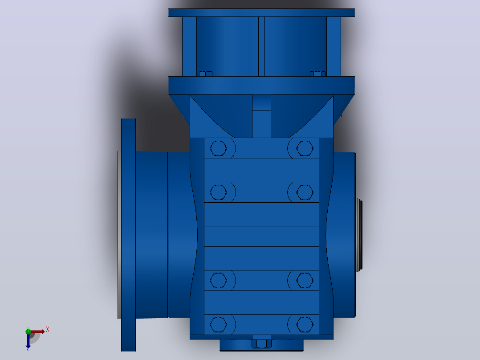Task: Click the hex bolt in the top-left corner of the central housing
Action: (x=218, y=148)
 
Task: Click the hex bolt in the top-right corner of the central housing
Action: (x=305, y=148)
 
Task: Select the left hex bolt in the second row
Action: (x=218, y=192)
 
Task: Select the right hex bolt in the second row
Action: (x=305, y=192)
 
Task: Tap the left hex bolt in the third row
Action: (x=218, y=280)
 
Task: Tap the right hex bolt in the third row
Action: (x=305, y=280)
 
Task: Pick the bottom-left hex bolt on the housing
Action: (x=218, y=324)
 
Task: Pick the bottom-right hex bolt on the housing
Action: (x=305, y=324)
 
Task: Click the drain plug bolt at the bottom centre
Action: (x=261, y=344)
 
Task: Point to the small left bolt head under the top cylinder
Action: (x=206, y=74)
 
